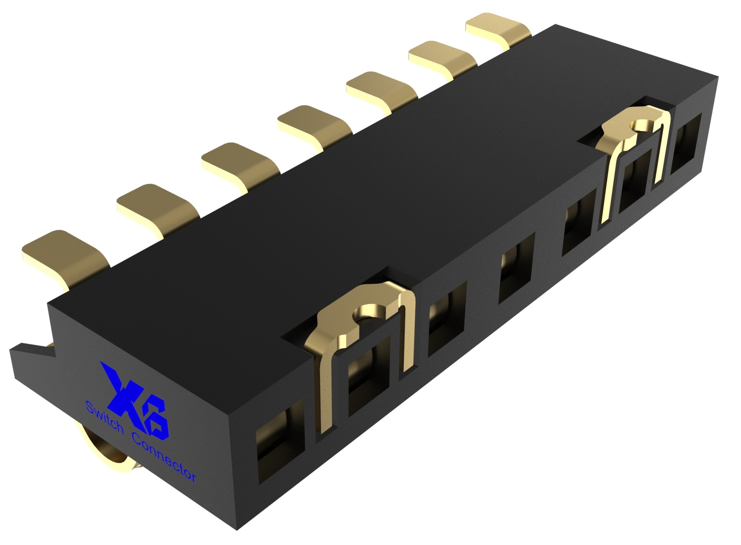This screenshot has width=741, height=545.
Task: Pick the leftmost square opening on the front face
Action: click(x=279, y=443)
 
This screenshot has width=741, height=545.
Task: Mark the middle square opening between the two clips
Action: click(x=516, y=267)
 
